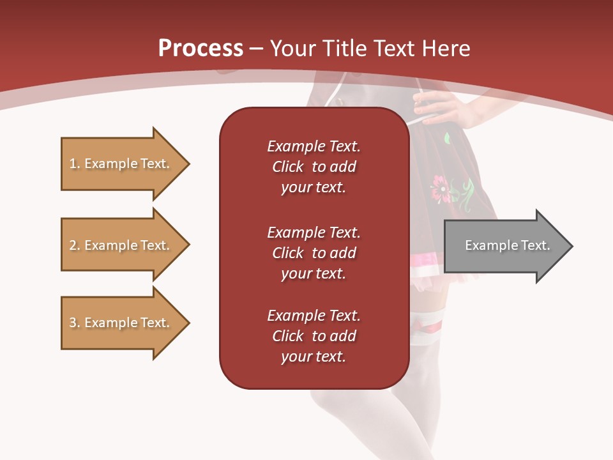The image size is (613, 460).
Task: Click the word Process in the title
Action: point(201,49)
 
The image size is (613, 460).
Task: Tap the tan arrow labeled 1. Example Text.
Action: point(121,164)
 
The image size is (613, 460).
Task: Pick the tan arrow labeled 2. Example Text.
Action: point(121,245)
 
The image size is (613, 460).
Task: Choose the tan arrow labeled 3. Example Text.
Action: point(121,323)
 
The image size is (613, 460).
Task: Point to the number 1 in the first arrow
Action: point(73,164)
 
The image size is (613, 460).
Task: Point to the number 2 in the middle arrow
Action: point(73,245)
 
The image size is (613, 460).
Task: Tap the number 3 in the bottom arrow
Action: point(73,323)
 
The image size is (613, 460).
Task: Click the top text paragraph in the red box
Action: point(314,167)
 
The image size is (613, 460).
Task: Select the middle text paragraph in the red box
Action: point(314,253)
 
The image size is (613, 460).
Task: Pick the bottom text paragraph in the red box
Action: point(314,336)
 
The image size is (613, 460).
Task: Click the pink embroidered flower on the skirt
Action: point(441,189)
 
